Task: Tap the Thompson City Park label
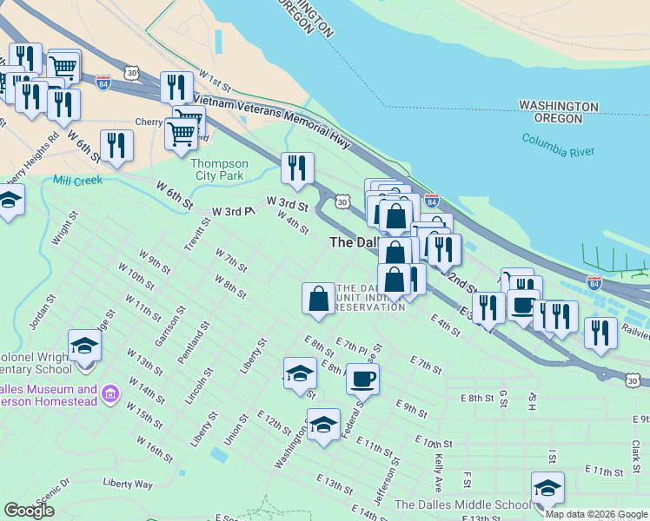(x=219, y=169)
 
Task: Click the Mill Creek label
(x=77, y=181)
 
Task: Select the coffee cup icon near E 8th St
(x=363, y=379)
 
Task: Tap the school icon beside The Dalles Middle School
(x=547, y=488)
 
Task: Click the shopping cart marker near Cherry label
(x=181, y=135)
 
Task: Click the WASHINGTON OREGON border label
(x=559, y=112)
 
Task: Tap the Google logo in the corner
(x=29, y=511)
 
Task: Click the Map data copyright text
(x=595, y=514)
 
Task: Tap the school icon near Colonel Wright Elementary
(x=84, y=346)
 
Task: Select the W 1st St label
(x=216, y=82)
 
